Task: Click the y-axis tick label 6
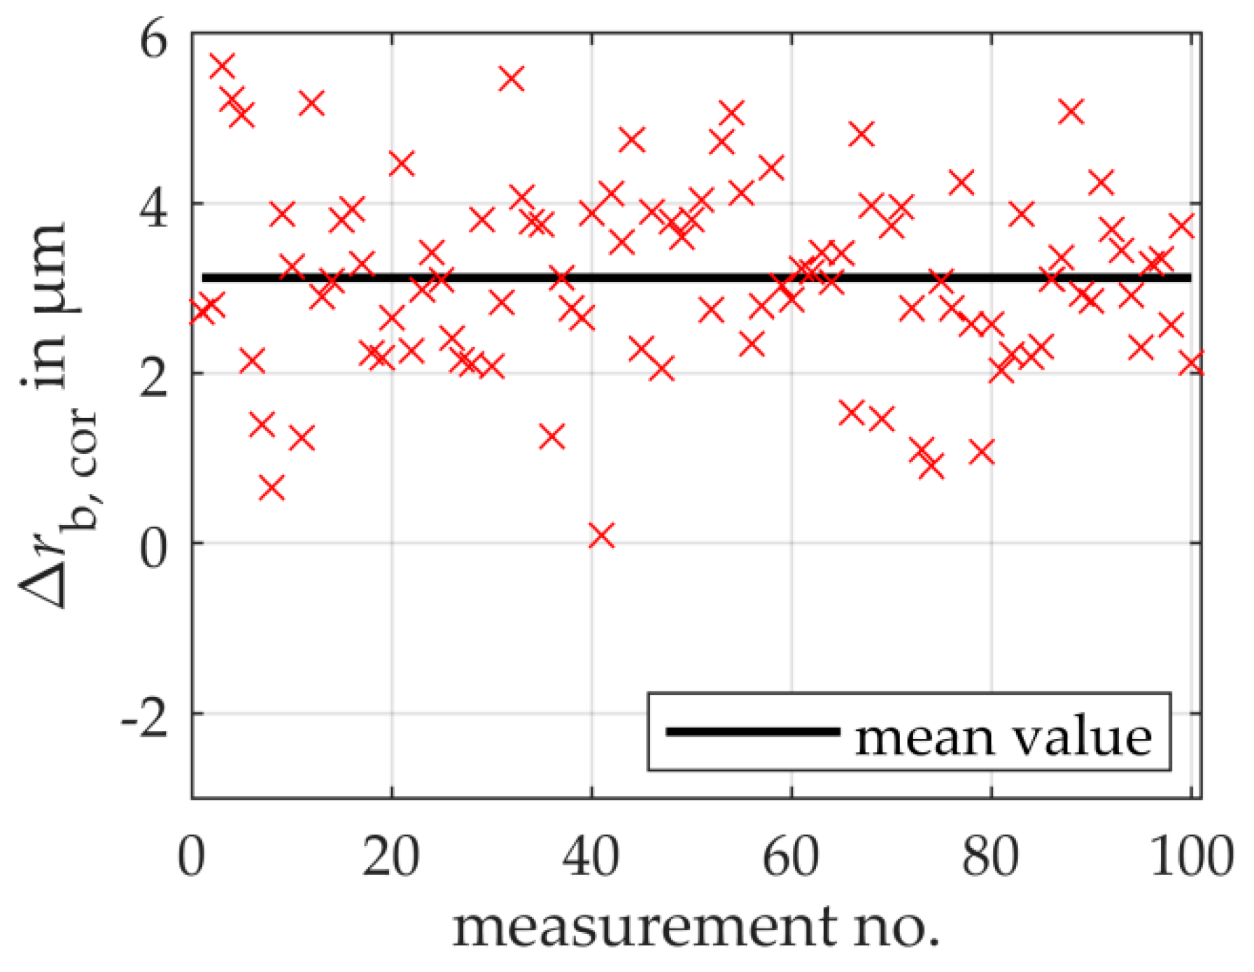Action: (x=154, y=40)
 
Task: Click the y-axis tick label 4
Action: (x=154, y=208)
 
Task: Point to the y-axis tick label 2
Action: (x=154, y=378)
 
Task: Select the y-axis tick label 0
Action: (x=154, y=548)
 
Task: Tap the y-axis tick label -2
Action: (x=145, y=718)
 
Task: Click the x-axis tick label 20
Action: (x=391, y=857)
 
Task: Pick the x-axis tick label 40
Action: (x=591, y=857)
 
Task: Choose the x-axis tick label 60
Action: (x=791, y=857)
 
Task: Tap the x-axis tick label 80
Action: (x=992, y=857)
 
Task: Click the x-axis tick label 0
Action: (x=192, y=857)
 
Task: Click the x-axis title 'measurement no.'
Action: (x=696, y=927)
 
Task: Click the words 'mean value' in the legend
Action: (x=1003, y=737)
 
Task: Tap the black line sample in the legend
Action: (x=752, y=732)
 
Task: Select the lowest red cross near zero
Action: (x=602, y=536)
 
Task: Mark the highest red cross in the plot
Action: (x=222, y=66)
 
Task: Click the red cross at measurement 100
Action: (x=1192, y=363)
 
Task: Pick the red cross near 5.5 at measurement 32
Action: (x=512, y=79)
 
